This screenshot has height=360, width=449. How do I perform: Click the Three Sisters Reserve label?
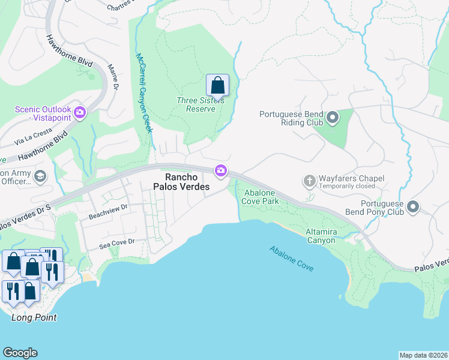click(x=200, y=104)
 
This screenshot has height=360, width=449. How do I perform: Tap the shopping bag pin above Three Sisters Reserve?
click(x=217, y=85)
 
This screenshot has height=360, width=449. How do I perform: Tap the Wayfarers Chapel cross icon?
click(x=309, y=181)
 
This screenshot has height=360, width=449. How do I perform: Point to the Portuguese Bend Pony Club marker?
click(x=413, y=207)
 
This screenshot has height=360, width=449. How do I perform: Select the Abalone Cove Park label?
click(x=260, y=197)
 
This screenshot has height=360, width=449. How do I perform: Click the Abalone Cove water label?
click(x=291, y=259)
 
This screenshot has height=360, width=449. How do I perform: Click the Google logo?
click(x=20, y=353)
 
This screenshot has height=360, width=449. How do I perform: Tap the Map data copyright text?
click(x=423, y=355)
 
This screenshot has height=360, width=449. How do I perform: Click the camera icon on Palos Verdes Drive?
click(x=221, y=171)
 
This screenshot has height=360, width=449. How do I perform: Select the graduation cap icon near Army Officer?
click(x=41, y=176)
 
